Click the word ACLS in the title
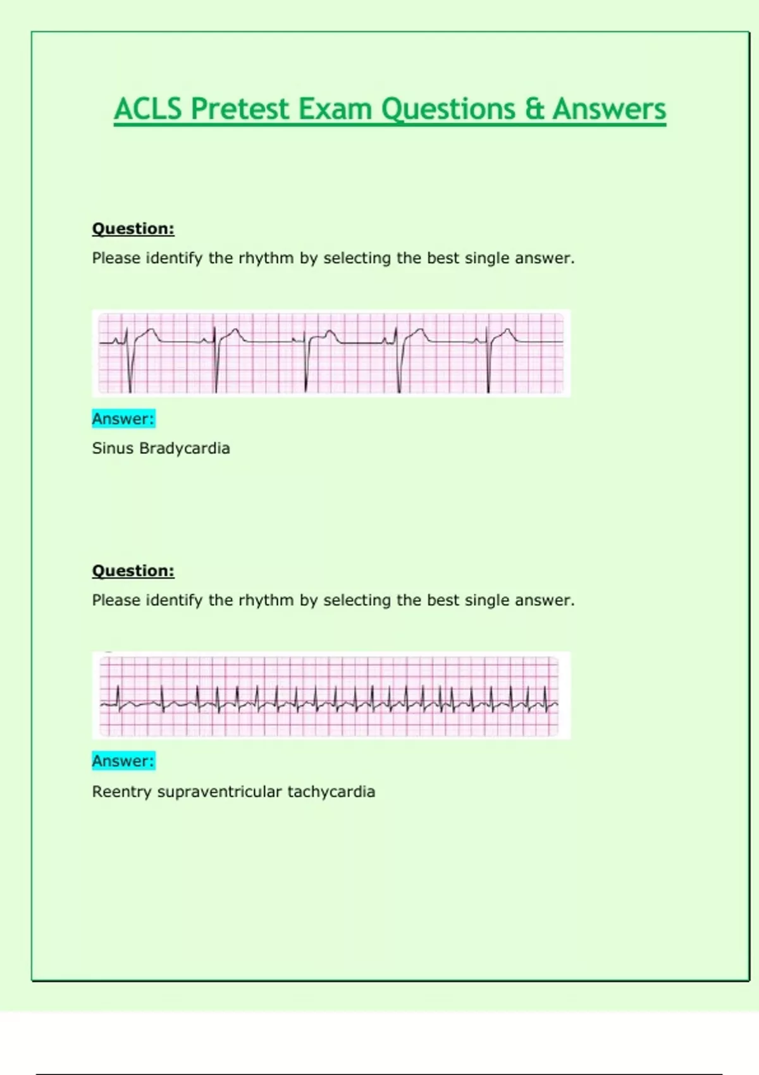[148, 109]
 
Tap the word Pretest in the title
[240, 109]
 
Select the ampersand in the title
[534, 109]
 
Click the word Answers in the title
[609, 109]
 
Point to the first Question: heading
[133, 228]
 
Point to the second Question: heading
[133, 570]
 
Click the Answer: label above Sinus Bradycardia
[123, 419]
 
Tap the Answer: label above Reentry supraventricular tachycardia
[123, 761]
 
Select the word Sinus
[113, 448]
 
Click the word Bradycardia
[185, 448]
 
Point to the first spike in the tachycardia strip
[118, 697]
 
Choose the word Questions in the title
[448, 109]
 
